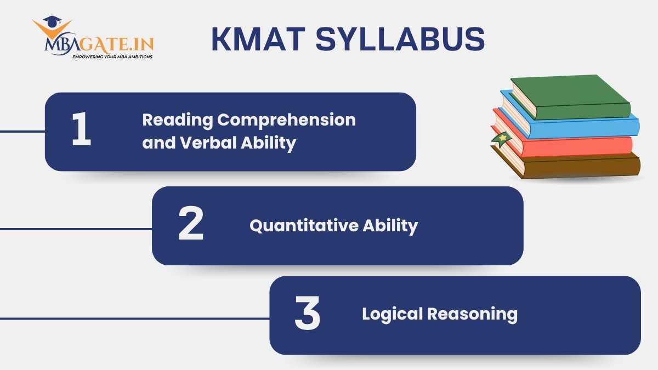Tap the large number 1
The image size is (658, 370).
[82, 131]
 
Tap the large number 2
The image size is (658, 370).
[191, 225]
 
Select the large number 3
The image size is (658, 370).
[307, 315]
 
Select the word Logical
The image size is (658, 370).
[393, 314]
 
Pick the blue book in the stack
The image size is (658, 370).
[581, 126]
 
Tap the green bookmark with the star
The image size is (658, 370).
[500, 139]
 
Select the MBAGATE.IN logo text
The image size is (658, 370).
[99, 44]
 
